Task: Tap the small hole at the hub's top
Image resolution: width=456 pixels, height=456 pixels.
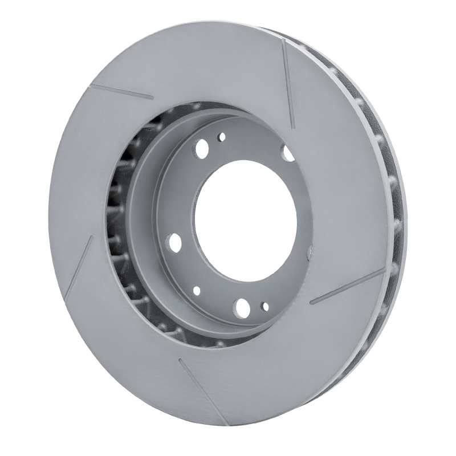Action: pos(221,136)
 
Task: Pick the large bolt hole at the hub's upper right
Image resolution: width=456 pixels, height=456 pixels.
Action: pos(288,153)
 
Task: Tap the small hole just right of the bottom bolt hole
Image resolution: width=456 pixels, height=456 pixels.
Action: pos(265,307)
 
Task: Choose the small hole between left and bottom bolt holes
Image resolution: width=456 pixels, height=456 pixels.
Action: pos(197,290)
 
